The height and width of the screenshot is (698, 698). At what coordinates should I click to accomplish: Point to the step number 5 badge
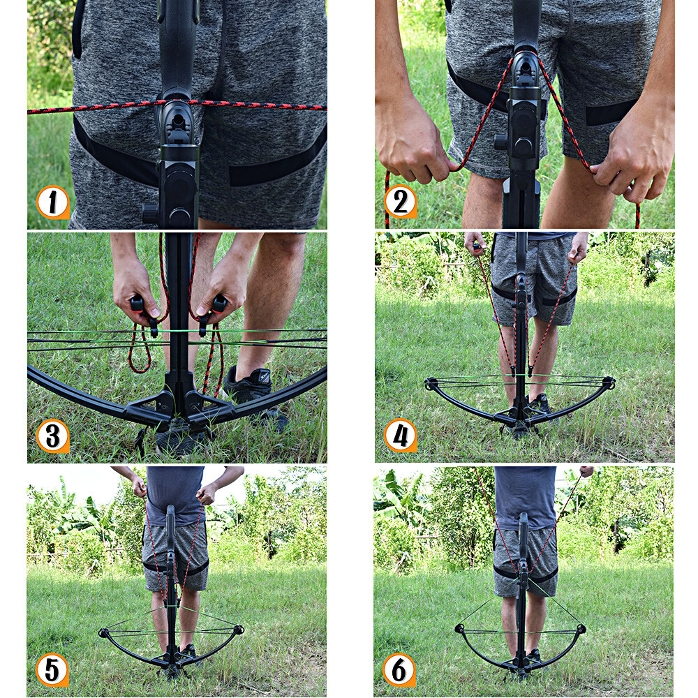pos(52,669)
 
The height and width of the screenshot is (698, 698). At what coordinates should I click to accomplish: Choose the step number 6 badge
pos(399,669)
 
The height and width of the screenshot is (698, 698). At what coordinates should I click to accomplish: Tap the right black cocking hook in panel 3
pos(213,310)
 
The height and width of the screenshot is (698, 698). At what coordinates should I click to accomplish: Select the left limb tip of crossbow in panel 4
pos(431,383)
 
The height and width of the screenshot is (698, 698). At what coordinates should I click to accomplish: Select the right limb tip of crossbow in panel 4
pos(609,383)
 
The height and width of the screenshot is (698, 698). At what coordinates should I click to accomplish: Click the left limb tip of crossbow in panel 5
pos(105,633)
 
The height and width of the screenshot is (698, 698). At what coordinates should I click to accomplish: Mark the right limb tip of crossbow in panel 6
pos(580,629)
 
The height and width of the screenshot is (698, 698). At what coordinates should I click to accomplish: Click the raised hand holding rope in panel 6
pos(585,473)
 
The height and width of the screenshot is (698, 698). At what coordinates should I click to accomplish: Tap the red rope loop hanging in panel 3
pos(140,352)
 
